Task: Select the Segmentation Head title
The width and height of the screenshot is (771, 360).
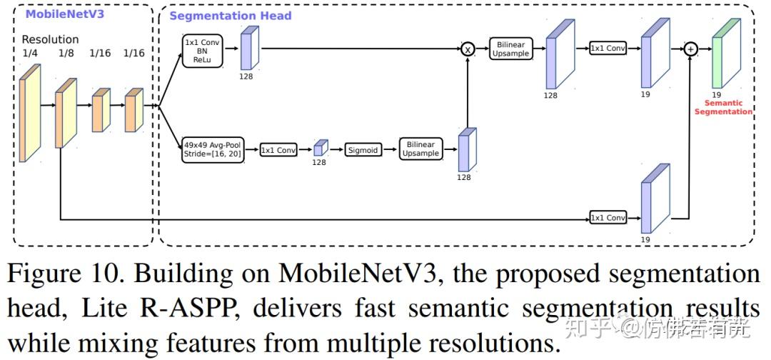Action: (231, 16)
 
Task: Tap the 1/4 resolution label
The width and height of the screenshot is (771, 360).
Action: (30, 53)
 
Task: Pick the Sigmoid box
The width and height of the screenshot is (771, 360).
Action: (362, 150)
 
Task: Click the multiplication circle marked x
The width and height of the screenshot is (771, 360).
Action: (468, 49)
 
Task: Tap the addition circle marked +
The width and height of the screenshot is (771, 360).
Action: (690, 49)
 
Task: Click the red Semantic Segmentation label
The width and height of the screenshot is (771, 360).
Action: (723, 107)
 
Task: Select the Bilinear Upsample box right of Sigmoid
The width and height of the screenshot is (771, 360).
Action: (420, 149)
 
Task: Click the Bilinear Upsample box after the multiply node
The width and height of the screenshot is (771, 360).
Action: (510, 49)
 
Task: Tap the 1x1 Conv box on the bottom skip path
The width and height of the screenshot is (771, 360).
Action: (608, 217)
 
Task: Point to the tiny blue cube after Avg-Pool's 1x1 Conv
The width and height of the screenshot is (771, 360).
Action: (321, 148)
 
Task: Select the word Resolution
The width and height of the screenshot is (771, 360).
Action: (50, 39)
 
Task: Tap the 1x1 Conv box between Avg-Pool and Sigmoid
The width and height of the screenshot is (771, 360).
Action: (278, 150)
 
